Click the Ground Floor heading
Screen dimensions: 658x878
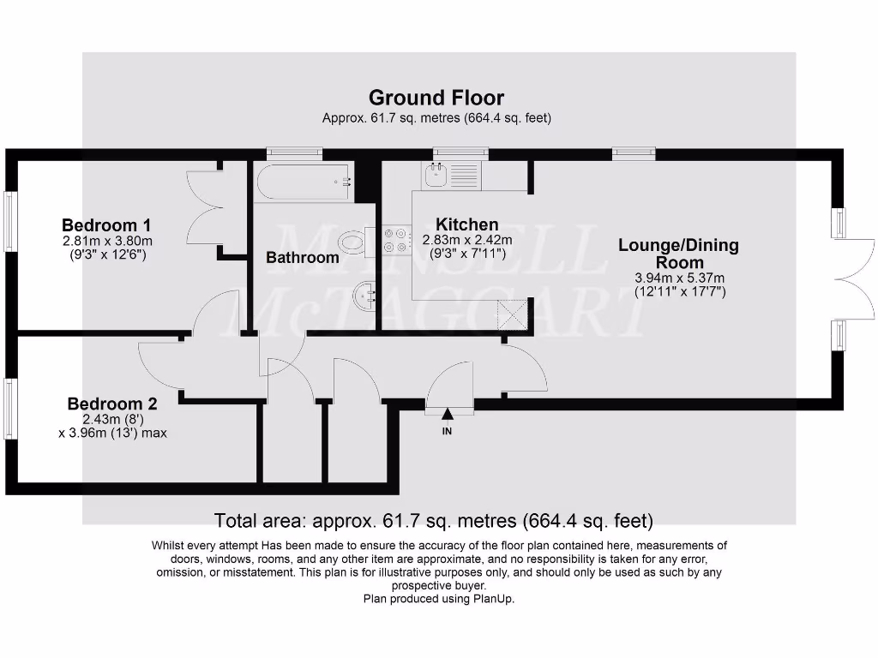tap(436, 98)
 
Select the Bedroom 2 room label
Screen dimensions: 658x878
tap(112, 404)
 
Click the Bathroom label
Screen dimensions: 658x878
tap(302, 257)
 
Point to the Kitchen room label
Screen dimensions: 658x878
tap(466, 225)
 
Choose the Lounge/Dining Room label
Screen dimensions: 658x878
tap(678, 254)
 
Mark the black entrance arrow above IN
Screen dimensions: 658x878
tap(447, 414)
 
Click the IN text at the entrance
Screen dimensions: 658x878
tap(447, 432)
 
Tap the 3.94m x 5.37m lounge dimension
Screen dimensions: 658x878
tap(678, 278)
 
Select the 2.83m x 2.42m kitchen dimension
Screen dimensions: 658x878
tap(471, 240)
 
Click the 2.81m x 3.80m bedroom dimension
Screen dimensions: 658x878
tap(107, 241)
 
